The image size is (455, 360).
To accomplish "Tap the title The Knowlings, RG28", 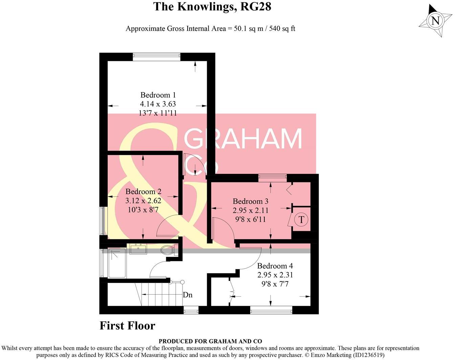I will click(212, 6).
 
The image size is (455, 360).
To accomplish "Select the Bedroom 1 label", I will click(158, 95).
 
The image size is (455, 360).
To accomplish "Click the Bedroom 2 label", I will click(143, 192).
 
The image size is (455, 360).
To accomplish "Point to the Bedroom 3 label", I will click(251, 201).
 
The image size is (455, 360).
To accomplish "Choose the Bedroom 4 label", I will click(275, 266).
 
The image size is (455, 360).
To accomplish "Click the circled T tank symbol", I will click(301, 220).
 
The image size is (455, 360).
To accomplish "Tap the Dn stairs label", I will click(188, 295).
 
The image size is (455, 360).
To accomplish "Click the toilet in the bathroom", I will click(168, 251).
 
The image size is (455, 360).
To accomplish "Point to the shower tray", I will click(117, 263).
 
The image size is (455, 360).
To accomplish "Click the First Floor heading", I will click(127, 325).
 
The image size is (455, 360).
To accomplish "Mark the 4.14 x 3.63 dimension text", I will click(158, 104).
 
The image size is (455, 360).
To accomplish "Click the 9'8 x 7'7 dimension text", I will click(275, 284).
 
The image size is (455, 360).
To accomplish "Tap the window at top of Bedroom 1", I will click(156, 57).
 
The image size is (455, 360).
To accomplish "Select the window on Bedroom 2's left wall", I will click(102, 221).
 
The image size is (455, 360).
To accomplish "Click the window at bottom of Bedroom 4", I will click(271, 310).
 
